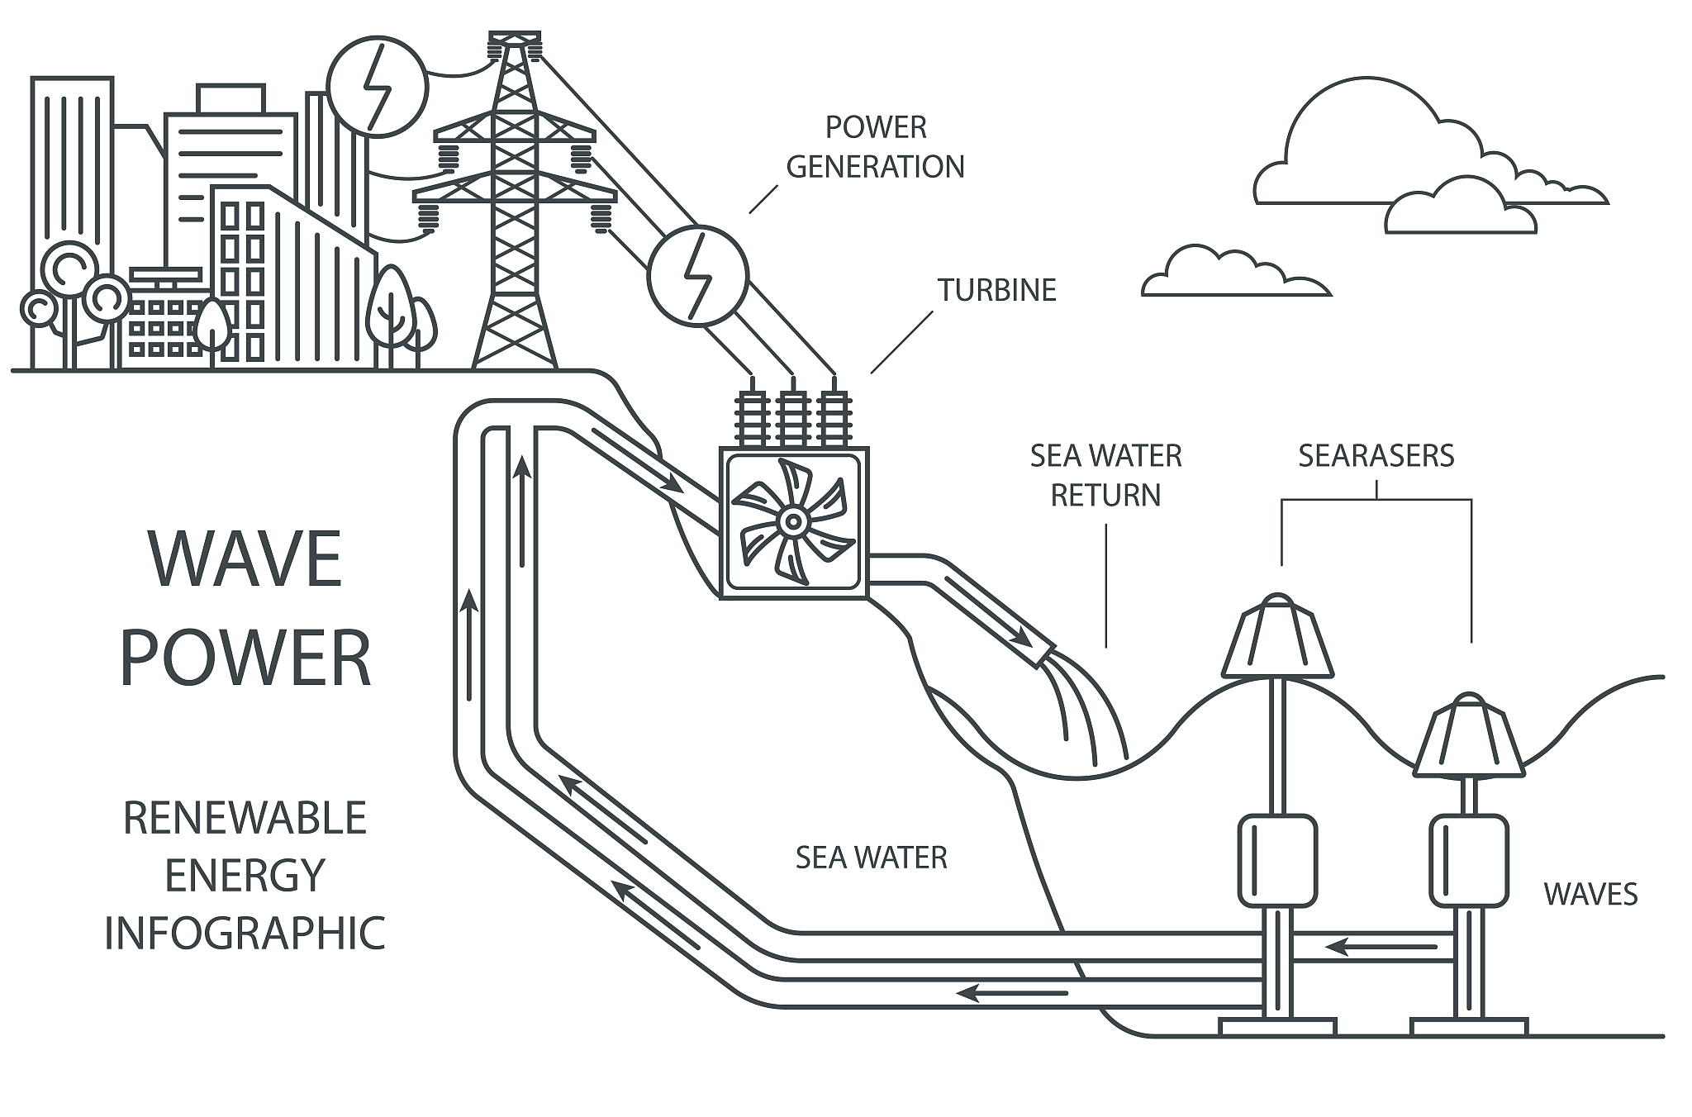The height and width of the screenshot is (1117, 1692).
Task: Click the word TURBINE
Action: [x=996, y=290]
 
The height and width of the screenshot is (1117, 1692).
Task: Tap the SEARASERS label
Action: [x=1376, y=456]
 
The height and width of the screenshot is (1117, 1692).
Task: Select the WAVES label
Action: [x=1590, y=894]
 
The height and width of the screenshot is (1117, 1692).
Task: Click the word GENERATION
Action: [x=875, y=167]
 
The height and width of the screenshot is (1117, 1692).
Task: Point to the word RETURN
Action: [x=1105, y=495]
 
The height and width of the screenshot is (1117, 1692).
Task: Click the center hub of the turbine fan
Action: [x=792, y=521]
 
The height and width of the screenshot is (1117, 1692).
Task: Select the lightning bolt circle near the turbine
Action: [x=698, y=276]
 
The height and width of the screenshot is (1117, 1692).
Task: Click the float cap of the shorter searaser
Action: [x=1469, y=740]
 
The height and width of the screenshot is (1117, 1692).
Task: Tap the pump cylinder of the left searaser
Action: [x=1276, y=859]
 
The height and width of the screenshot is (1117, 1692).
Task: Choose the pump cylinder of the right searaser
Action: [x=1469, y=859]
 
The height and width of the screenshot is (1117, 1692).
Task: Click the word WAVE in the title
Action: [x=245, y=559]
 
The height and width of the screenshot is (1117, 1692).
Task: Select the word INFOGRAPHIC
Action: [x=245, y=932]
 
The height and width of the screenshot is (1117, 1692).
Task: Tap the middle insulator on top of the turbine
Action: [x=792, y=415]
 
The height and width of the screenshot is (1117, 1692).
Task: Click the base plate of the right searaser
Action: [x=1469, y=1027]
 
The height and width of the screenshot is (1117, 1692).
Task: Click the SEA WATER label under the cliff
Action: [x=871, y=858]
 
